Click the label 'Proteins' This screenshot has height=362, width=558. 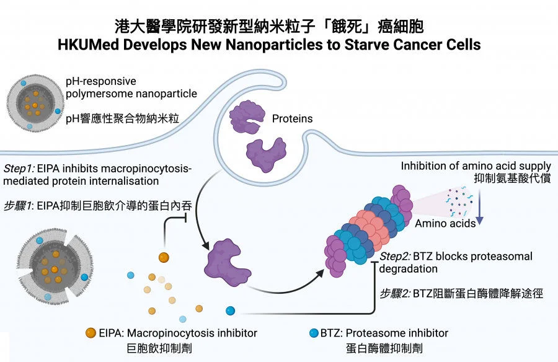293,118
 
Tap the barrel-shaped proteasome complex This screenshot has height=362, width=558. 370,232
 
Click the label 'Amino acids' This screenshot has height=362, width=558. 445,223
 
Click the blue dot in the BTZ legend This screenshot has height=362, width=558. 314,333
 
